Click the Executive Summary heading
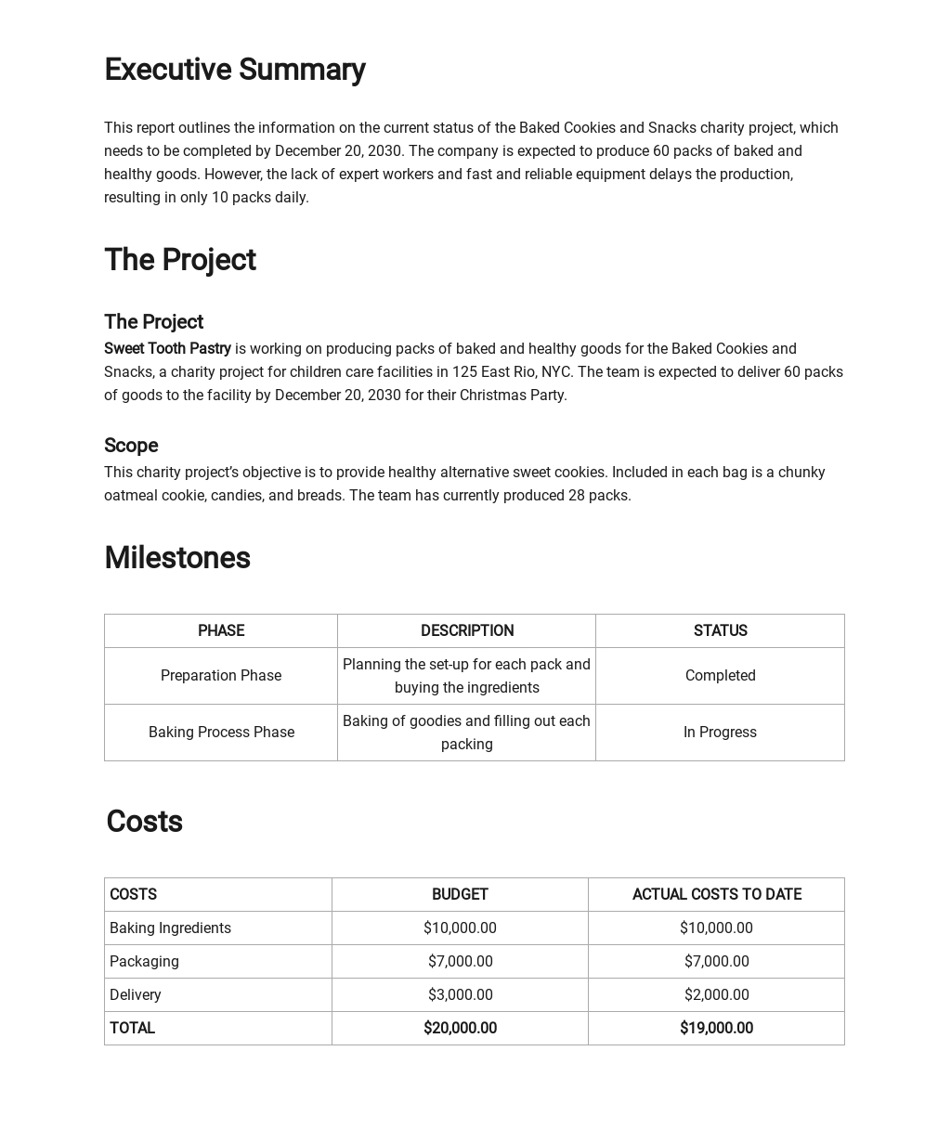234,70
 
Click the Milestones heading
176,558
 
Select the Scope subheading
131,446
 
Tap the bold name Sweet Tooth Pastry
167,349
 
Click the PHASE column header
221,631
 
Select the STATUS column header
720,631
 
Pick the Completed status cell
720,676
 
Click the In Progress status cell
720,733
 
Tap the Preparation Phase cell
221,676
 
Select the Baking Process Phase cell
221,733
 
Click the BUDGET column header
460,895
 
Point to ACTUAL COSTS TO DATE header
716,895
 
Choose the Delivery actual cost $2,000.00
716,995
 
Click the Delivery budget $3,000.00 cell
460,995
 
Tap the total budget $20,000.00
460,1029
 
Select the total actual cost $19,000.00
716,1029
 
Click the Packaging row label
144,962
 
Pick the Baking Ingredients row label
170,928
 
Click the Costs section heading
144,822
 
